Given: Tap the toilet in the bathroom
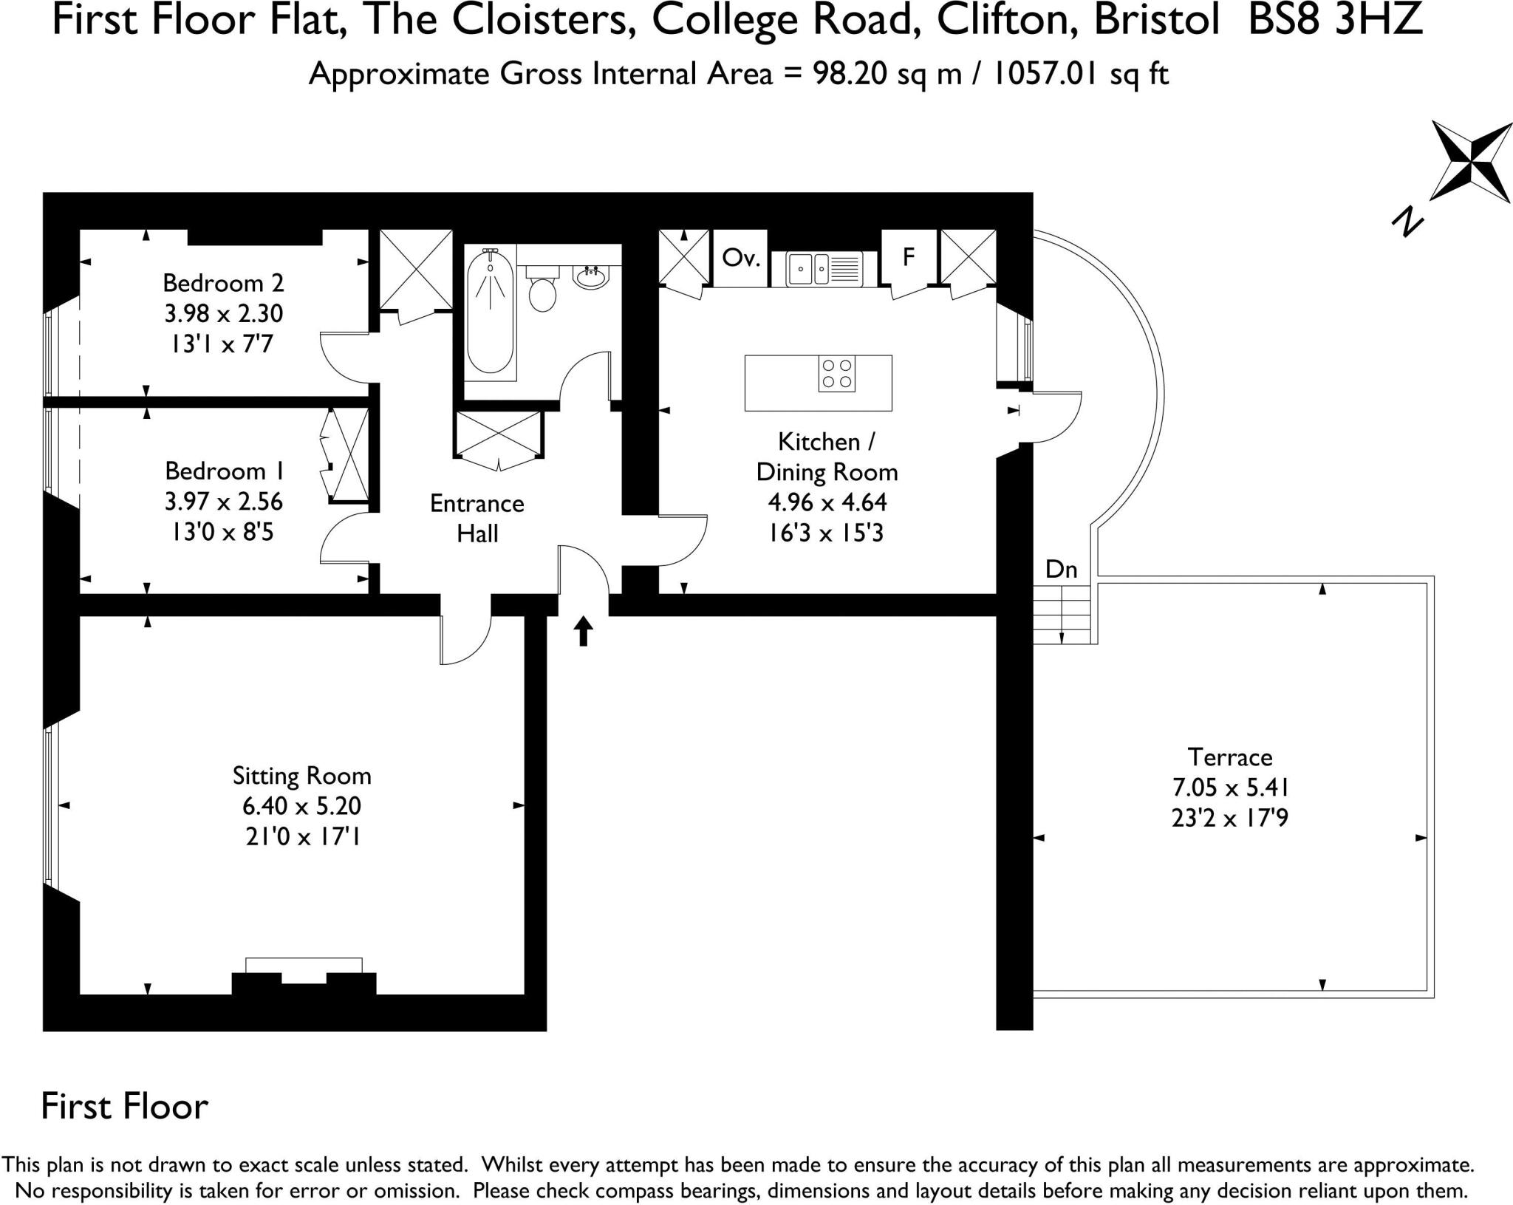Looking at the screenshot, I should click(543, 291).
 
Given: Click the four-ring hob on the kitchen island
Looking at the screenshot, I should click(837, 374).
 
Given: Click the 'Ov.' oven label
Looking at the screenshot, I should click(740, 258).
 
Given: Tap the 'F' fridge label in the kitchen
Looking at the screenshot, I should click(909, 256).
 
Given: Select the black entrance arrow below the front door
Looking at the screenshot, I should click(584, 631).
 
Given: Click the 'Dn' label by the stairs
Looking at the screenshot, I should click(1062, 570).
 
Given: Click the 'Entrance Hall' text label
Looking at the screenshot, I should click(477, 518).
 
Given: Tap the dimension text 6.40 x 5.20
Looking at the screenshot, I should click(301, 806).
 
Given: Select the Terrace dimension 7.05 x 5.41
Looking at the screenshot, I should click(1231, 788).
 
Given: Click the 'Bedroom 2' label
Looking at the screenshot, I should click(223, 283).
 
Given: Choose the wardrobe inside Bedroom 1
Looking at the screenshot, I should click(346, 456).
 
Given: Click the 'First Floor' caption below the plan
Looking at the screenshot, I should click(125, 1106).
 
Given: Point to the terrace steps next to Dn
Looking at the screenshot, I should click(1062, 614).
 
